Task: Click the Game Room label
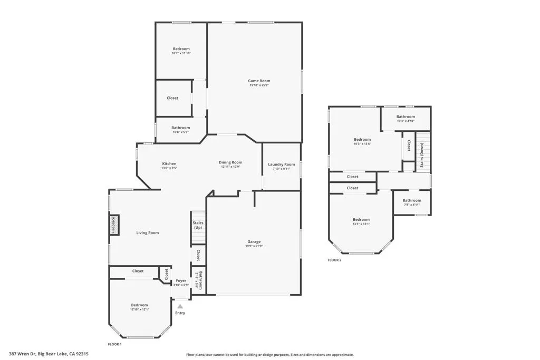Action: click(x=259, y=81)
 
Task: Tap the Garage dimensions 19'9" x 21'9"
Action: click(x=253, y=246)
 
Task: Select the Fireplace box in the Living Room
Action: click(x=113, y=225)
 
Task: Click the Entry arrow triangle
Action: click(x=180, y=306)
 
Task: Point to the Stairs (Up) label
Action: click(x=198, y=225)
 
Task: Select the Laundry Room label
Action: click(x=281, y=164)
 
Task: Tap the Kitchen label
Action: click(x=169, y=163)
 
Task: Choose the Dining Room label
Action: click(x=230, y=162)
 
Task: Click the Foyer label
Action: click(x=181, y=280)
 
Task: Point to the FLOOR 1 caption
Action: click(x=114, y=344)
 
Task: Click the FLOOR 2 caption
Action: click(x=334, y=260)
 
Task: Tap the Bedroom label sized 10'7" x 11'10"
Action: click(x=181, y=49)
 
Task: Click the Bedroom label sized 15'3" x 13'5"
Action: click(x=362, y=139)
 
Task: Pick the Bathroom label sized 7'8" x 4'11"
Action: click(x=412, y=200)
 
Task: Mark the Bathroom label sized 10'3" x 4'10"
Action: click(x=406, y=116)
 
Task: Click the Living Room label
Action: click(x=147, y=232)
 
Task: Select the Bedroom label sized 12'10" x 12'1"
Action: click(x=140, y=305)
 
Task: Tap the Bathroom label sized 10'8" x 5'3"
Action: click(x=180, y=128)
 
